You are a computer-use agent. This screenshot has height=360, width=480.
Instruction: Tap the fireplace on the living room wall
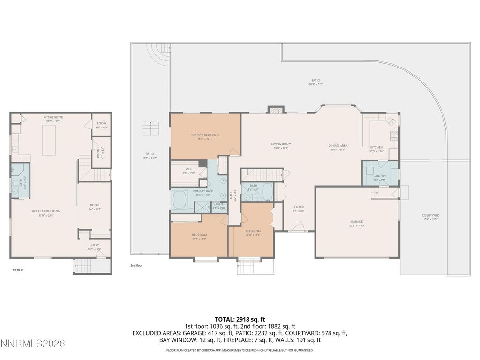coord(276,110)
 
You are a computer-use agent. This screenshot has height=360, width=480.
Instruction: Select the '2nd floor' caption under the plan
coord(136,265)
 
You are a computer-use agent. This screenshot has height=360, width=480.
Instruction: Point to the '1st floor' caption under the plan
coord(18,270)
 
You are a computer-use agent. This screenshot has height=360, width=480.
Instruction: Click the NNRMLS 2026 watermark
coord(33,344)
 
